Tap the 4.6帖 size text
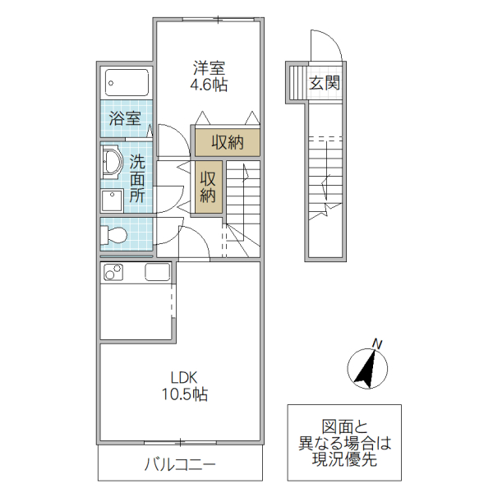tap(210, 83)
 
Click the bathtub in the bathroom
tap(127, 83)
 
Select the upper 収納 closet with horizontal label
tap(228, 141)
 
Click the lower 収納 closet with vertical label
tap(209, 187)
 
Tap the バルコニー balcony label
tap(180, 465)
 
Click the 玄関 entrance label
tap(325, 83)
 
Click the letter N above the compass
tap(377, 343)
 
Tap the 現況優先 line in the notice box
tap(344, 461)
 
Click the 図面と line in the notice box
tap(344, 426)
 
